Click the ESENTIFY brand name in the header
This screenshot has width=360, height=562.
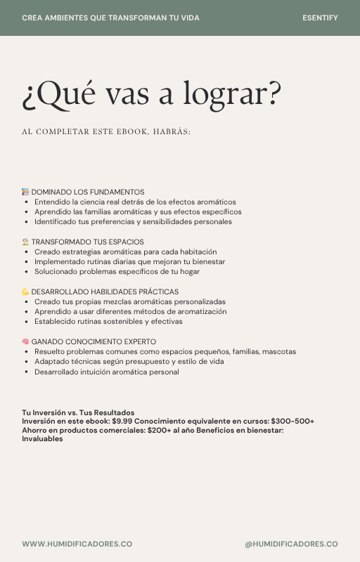(x=320, y=18)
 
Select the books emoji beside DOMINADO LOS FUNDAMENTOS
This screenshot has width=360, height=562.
(x=25, y=192)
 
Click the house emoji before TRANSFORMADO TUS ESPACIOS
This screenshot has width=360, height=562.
(x=25, y=242)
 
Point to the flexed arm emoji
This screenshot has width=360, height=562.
(x=25, y=292)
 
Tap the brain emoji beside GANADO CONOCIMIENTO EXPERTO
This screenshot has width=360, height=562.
(x=25, y=341)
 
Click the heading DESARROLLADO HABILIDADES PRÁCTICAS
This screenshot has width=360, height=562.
(x=105, y=292)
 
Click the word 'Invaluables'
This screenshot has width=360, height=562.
(x=42, y=439)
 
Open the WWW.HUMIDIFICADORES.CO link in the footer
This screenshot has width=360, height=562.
(x=77, y=544)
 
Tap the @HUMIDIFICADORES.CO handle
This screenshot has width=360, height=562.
(x=291, y=544)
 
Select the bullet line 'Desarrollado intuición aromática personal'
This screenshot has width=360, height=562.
(x=106, y=372)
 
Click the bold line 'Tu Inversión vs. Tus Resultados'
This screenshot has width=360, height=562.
(x=78, y=412)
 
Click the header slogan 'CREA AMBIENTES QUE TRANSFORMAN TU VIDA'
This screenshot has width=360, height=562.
(x=110, y=18)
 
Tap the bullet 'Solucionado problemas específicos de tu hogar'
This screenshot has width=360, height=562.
(x=117, y=271)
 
